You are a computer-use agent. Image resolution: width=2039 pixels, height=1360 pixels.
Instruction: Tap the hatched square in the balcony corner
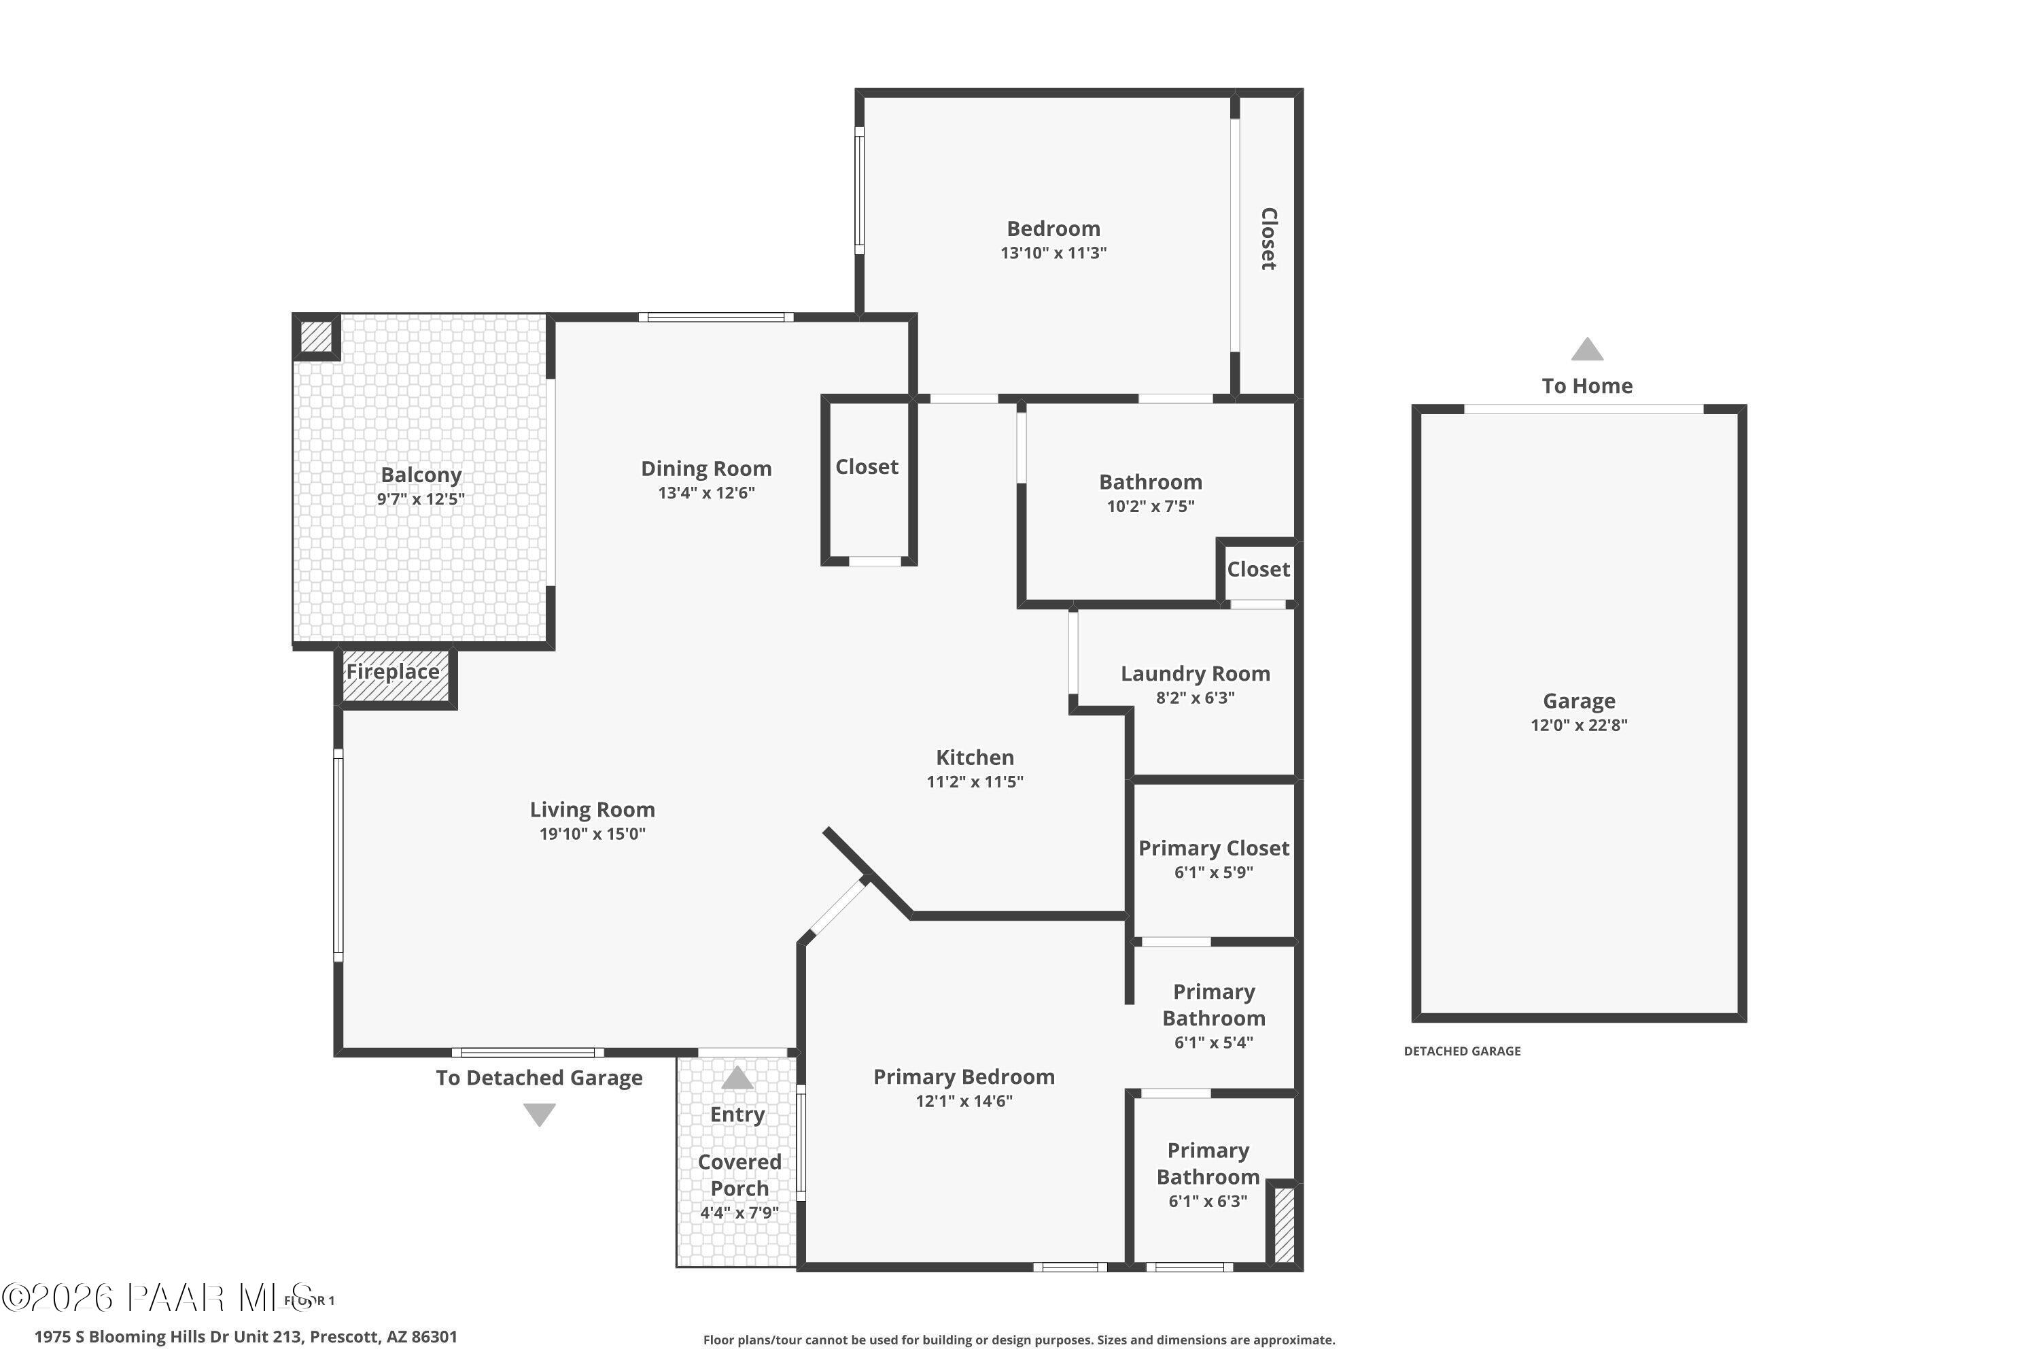(x=317, y=337)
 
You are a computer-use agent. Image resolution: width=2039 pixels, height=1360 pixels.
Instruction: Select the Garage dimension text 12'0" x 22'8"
(x=1579, y=725)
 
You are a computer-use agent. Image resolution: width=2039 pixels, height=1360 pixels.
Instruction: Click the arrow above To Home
(x=1586, y=350)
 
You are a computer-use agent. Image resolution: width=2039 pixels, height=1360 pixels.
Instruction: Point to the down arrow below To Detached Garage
(x=539, y=1114)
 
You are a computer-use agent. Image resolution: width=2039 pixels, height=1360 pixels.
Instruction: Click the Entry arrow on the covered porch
(x=737, y=1078)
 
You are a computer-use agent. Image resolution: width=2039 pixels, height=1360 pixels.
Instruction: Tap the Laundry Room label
(x=1195, y=674)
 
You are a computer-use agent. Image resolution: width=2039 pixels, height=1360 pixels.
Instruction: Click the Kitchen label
(x=975, y=758)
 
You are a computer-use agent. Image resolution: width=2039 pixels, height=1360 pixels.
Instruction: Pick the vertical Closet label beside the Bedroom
(x=1268, y=239)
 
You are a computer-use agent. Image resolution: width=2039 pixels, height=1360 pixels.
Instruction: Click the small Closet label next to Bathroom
(x=1258, y=570)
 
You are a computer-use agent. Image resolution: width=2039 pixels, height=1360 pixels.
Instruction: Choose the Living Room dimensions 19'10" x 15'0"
(x=592, y=834)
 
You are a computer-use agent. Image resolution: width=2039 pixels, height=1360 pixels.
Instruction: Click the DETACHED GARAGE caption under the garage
(x=1462, y=1051)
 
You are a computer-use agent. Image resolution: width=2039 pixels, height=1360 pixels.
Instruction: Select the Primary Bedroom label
(x=963, y=1077)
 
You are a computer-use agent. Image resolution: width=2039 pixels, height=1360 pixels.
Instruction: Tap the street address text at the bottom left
(x=245, y=1337)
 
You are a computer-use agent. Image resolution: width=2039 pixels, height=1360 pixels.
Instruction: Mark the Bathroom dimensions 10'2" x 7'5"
(x=1151, y=507)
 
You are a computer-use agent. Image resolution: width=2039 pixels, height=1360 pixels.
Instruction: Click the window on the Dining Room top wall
(x=716, y=318)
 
